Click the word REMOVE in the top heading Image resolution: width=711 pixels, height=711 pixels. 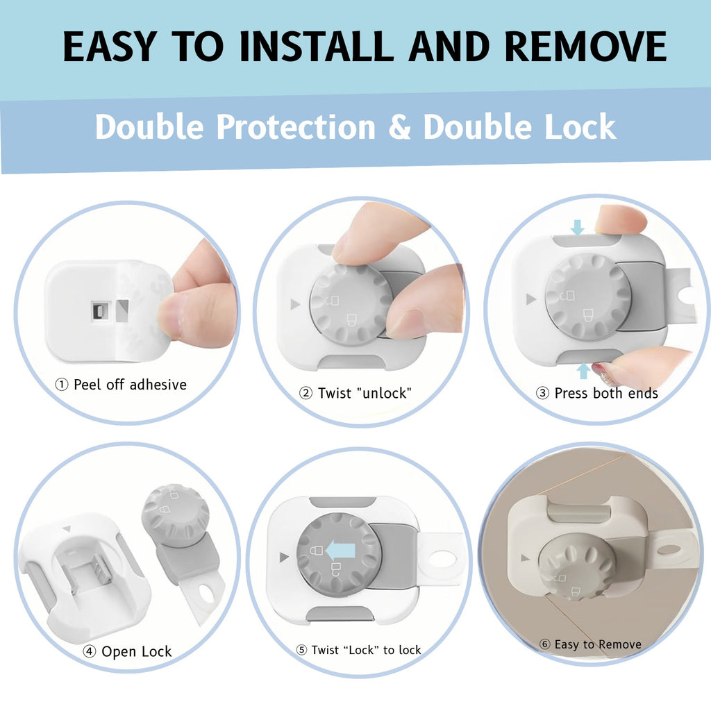[x=586, y=47]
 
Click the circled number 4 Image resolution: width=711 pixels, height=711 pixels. [x=90, y=651]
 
